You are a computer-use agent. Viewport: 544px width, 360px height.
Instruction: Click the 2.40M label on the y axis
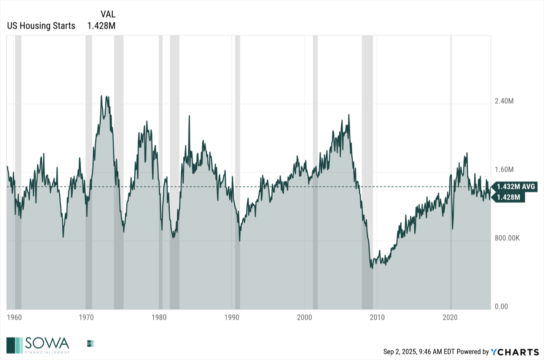point(504,101)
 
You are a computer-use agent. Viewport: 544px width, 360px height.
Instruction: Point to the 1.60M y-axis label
point(504,170)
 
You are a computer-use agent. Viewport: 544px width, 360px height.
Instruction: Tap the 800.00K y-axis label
point(507,238)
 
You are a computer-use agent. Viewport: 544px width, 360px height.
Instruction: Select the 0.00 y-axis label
point(501,307)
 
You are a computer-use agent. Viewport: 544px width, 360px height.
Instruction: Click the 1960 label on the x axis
point(14,317)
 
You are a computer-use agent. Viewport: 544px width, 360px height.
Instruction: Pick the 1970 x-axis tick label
point(86,317)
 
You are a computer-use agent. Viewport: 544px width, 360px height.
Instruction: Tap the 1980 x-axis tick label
point(159,317)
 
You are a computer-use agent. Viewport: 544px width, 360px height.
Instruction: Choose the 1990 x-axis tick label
point(232,317)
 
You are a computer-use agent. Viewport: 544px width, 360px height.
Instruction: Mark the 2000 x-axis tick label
point(304,317)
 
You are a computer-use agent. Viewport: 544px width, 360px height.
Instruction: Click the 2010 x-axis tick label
point(377,317)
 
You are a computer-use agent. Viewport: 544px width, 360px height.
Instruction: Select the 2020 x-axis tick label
point(450,317)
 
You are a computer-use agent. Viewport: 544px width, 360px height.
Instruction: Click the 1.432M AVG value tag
point(515,187)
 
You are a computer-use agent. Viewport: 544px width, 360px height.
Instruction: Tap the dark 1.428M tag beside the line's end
point(509,197)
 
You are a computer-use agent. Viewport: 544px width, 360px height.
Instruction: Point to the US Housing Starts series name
point(41,26)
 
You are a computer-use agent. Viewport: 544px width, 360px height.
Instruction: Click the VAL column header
point(108,14)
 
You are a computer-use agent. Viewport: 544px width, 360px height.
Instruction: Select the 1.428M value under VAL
point(101,26)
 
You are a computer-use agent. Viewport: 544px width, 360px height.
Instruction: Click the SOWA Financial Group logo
point(38,345)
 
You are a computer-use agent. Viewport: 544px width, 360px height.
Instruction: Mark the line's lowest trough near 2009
point(371,268)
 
